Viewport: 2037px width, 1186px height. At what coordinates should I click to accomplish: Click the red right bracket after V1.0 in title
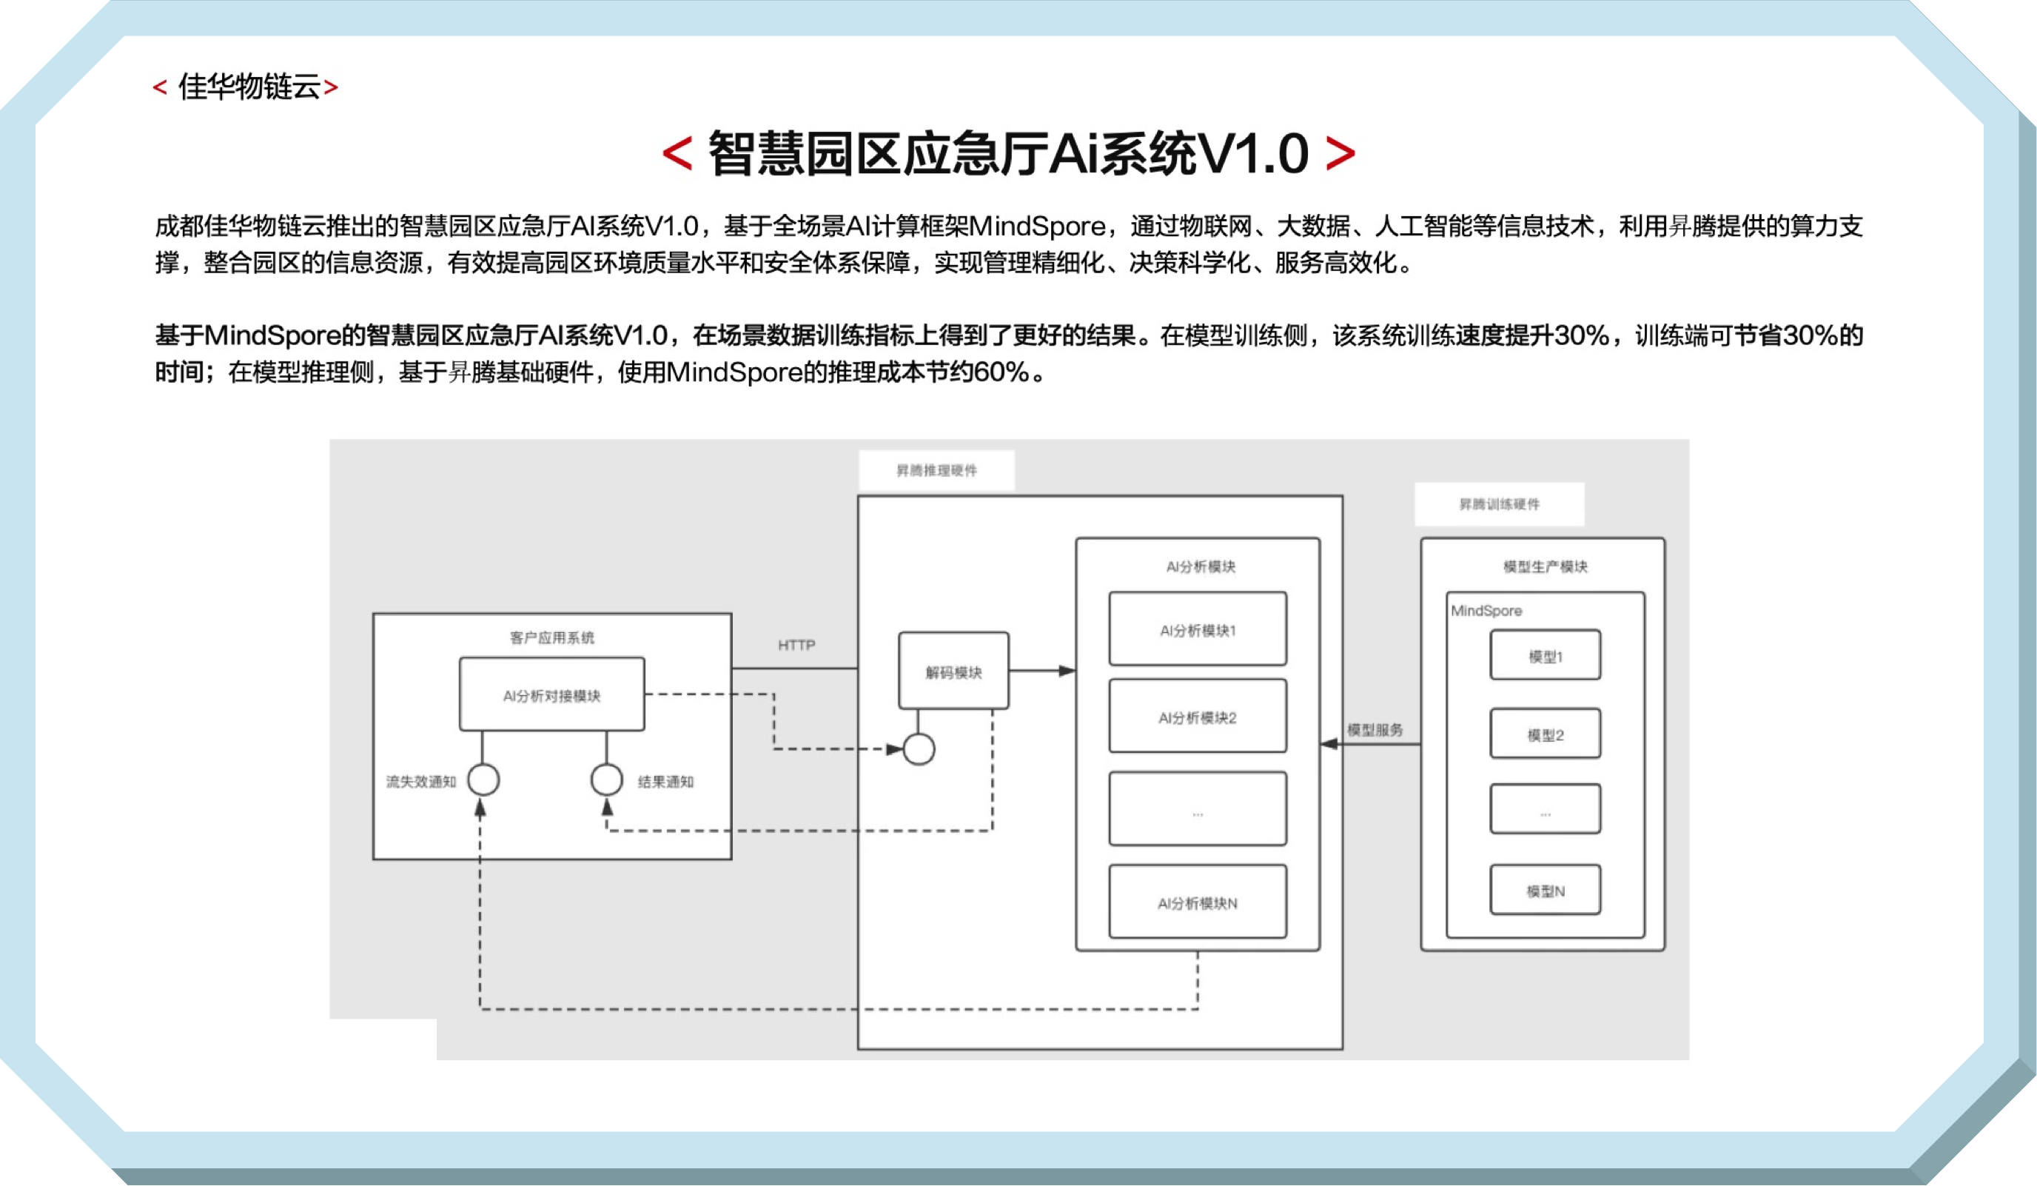[x=1340, y=153]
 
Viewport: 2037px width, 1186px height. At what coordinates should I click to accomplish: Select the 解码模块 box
[x=953, y=671]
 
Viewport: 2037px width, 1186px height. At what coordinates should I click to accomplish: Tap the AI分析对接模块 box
[x=551, y=694]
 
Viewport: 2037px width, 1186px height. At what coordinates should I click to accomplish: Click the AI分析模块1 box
[x=1197, y=629]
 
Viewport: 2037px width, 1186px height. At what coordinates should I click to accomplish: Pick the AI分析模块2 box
[x=1197, y=717]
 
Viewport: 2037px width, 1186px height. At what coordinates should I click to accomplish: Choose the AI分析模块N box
[x=1197, y=902]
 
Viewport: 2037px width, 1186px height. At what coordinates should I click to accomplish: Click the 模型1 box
[x=1545, y=656]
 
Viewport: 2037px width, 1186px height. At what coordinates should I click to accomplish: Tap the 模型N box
[x=1545, y=890]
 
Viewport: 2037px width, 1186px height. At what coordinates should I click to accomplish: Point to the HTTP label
[x=796, y=645]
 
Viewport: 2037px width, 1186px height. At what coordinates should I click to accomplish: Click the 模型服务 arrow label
[x=1375, y=729]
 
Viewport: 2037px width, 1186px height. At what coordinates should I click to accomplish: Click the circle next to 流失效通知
[x=483, y=780]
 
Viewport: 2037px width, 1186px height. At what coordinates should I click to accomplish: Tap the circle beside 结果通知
[x=606, y=780]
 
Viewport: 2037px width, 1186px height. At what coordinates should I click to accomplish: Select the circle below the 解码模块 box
[x=919, y=749]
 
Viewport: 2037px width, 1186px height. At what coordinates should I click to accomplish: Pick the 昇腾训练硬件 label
[x=1499, y=504]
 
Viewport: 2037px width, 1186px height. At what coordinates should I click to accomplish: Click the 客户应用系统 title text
[x=551, y=638]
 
